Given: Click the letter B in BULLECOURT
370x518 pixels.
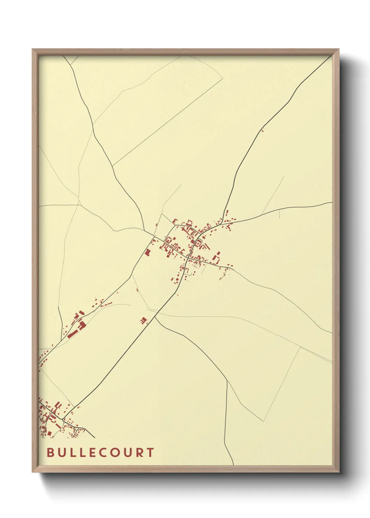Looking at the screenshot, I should pyautogui.click(x=50, y=452).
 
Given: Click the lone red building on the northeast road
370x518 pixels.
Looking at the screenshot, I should pyautogui.click(x=263, y=131).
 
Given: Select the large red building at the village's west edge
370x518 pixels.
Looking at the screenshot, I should pyautogui.click(x=148, y=252).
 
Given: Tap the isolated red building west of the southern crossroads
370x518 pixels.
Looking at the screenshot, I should pyautogui.click(x=143, y=320).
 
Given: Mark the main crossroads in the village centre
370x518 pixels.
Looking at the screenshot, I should pyautogui.click(x=188, y=257).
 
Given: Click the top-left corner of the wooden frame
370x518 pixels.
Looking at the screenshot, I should pyautogui.click(x=33, y=49).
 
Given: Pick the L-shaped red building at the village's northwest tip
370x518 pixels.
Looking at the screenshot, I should pyautogui.click(x=175, y=221).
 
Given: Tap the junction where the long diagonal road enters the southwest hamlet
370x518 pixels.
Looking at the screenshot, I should pyautogui.click(x=64, y=418).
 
